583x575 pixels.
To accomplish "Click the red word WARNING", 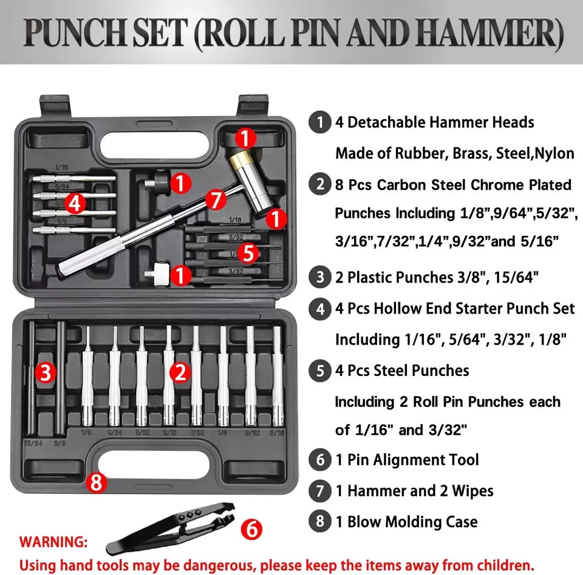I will point(53,541).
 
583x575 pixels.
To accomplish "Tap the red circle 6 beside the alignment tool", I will point(251,529).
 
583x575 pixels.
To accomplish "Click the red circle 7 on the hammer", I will point(215,198).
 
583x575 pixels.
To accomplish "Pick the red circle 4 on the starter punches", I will point(75,203).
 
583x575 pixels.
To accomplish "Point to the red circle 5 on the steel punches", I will point(247,252).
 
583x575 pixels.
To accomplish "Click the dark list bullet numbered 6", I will point(320,460).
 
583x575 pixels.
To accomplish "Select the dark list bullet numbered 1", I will point(320,122).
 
